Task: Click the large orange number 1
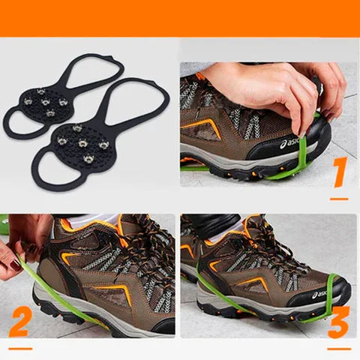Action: [340, 172]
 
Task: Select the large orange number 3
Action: [338, 322]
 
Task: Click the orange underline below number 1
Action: [339, 199]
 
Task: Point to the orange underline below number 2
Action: [20, 349]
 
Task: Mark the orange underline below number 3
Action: [339, 349]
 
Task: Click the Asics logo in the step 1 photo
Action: [290, 143]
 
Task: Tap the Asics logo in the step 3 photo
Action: [320, 294]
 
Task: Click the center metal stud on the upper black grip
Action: [45, 102]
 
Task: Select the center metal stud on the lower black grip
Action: [82, 143]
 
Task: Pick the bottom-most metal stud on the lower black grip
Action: [88, 159]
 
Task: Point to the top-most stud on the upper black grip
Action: [41, 91]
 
